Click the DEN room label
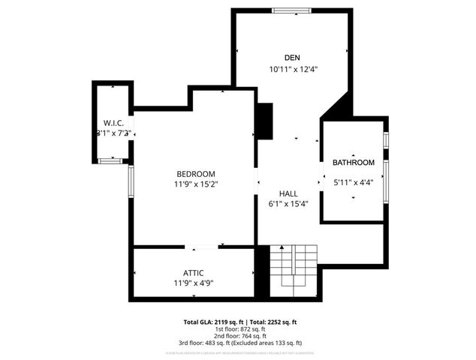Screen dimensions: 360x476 pyautogui.click(x=292, y=58)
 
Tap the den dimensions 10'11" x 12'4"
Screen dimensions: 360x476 pyautogui.click(x=294, y=69)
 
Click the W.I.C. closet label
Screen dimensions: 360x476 pyautogui.click(x=113, y=123)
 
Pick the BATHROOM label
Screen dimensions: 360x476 pyautogui.click(x=353, y=163)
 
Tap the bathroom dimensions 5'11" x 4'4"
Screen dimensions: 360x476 pyautogui.click(x=353, y=181)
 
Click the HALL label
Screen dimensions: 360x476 pyautogui.click(x=288, y=193)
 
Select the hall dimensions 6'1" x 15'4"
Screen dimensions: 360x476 pyautogui.click(x=288, y=203)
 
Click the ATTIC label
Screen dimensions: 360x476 pyautogui.click(x=193, y=272)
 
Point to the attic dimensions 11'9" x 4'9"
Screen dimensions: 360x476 pyautogui.click(x=193, y=283)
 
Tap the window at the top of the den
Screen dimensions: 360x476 pyautogui.click(x=291, y=10)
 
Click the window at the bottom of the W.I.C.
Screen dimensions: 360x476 pyautogui.click(x=110, y=160)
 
